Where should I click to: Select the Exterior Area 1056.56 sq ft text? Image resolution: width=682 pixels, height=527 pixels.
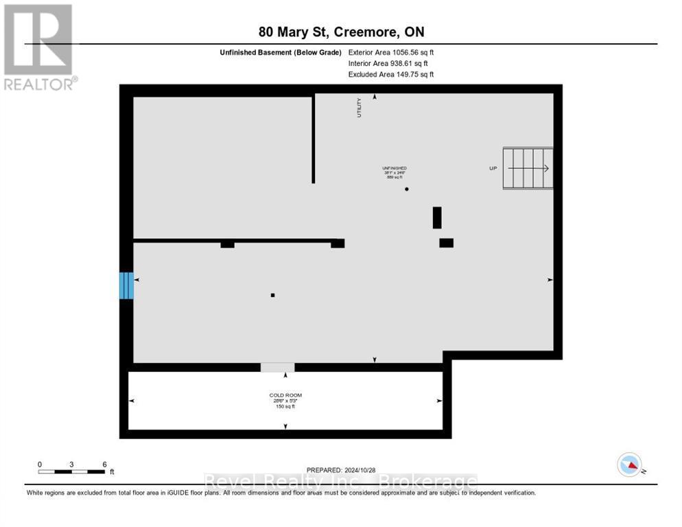(391, 52)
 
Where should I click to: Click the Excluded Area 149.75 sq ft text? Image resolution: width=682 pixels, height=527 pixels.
(391, 74)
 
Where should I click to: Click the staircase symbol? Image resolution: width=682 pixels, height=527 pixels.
(528, 168)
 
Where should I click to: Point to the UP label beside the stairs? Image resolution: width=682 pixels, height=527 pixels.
(493, 168)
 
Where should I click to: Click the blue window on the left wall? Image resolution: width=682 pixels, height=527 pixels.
(126, 285)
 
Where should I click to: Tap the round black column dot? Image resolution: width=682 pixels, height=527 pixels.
(407, 189)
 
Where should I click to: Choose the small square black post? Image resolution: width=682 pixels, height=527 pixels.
(272, 295)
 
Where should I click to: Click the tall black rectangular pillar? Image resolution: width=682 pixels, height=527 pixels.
(437, 218)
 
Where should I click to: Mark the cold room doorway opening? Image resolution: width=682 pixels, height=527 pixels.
(277, 368)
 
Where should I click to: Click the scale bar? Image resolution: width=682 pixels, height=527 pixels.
(71, 471)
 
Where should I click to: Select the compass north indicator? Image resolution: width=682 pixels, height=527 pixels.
(629, 465)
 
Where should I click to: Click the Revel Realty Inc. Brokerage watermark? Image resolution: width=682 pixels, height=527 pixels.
(341, 482)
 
